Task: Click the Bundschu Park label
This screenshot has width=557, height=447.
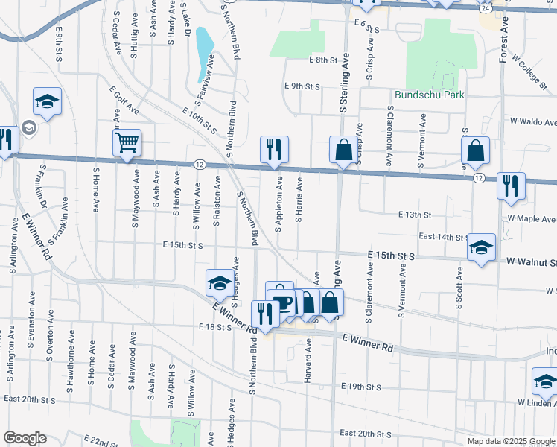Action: click(430, 95)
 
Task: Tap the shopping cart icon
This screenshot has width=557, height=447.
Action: click(127, 142)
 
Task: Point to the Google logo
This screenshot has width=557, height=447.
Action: click(25, 439)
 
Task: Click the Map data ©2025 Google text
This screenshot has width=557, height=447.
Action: click(510, 441)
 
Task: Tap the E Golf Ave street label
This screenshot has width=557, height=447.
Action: click(124, 99)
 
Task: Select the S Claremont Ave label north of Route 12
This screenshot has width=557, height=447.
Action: click(389, 135)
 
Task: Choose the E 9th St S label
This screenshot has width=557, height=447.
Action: click(302, 86)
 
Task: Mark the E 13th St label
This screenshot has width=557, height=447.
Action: click(414, 215)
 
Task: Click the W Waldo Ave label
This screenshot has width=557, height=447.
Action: click(533, 121)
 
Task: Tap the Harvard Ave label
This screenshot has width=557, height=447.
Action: click(307, 361)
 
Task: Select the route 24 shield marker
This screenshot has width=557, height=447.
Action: click(485, 7)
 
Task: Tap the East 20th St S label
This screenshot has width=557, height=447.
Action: click(366, 433)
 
